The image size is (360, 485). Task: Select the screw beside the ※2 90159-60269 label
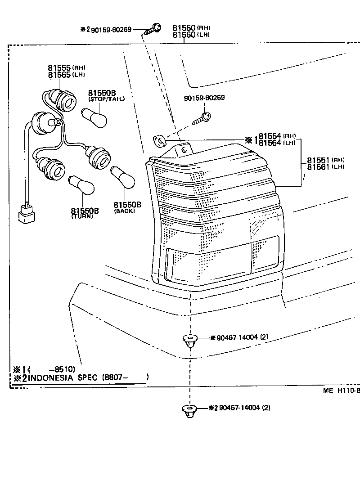pyautogui.click(x=154, y=28)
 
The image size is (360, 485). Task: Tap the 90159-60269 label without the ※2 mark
pyautogui.click(x=204, y=98)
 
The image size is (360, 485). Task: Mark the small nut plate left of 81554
pyautogui.click(x=159, y=141)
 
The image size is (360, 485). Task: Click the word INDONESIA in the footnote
pyautogui.click(x=50, y=377)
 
